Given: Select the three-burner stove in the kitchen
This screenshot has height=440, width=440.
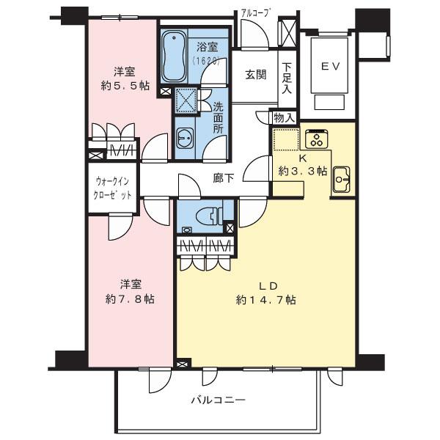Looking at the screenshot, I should point(318,138).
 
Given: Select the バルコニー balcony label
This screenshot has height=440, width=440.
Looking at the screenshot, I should point(218,400).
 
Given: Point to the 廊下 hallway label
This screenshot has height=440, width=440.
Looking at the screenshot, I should point(224,178).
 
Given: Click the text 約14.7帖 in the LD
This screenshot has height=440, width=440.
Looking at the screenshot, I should point(266,300).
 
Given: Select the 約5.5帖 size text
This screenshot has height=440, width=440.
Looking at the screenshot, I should point(123,86).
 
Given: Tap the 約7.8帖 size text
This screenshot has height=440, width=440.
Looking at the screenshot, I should point(130,299).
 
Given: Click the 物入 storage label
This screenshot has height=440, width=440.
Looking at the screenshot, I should point(284,117).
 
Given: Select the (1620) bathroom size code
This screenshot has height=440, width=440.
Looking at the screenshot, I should point(208,62).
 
